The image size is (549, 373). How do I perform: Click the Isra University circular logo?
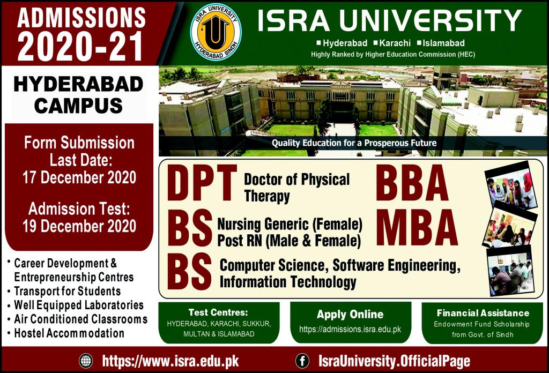[x=216, y=32]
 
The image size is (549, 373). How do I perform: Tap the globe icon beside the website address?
[x=85, y=360]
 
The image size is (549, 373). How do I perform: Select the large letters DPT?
[x=202, y=184]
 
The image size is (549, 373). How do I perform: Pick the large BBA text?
[x=412, y=184]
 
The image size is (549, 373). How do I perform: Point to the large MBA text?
[x=417, y=228]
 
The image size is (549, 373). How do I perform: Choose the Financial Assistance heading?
[x=483, y=313]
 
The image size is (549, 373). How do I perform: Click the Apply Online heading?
[x=350, y=314]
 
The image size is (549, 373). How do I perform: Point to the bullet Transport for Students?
[x=67, y=292]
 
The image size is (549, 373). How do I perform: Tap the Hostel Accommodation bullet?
[x=69, y=333]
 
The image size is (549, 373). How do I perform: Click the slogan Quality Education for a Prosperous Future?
[x=354, y=143]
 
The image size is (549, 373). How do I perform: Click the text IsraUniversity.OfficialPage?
[x=394, y=361]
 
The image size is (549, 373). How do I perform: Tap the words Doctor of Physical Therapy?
[x=296, y=188]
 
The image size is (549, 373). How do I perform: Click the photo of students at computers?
[x=509, y=271]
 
